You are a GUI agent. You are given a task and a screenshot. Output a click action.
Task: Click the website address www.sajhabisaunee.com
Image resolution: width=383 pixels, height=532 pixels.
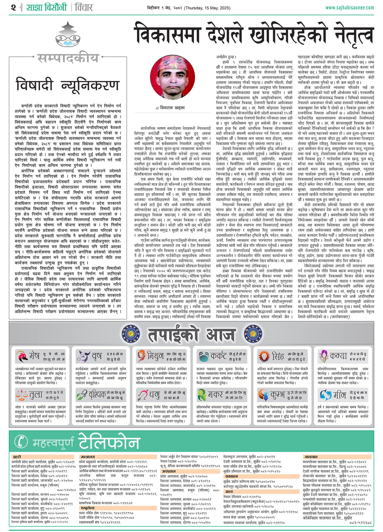[350, 8]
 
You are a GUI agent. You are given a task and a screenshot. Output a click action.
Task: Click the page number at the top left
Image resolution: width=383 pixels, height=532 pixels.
[13, 7]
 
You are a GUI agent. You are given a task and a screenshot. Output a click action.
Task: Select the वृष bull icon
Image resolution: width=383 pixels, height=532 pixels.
[83, 356]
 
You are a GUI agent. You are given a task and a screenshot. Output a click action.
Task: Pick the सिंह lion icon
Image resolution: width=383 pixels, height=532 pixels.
[263, 356]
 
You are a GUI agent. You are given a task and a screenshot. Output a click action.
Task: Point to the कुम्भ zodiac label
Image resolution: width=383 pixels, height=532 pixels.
[277, 395]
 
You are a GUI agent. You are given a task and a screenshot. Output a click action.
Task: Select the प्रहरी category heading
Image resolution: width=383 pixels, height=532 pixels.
[17, 457]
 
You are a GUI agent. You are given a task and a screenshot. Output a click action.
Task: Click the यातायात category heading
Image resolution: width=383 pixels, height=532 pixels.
[311, 457]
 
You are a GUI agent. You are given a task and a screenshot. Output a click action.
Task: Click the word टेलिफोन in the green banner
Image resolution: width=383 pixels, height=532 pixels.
[109, 442]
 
